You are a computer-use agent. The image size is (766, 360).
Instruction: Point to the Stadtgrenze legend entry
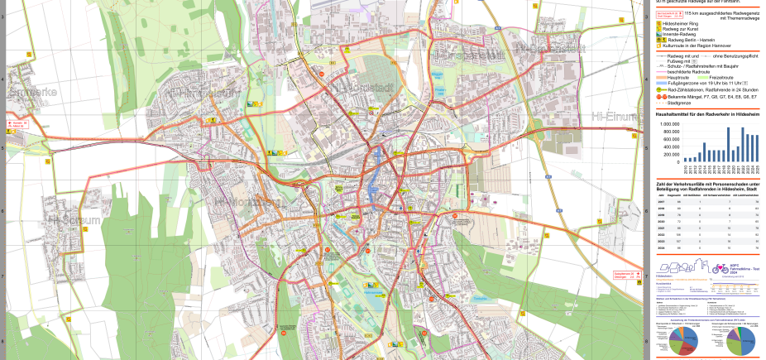point(679,102)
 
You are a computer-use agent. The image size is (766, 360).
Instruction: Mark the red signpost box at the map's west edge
point(17,125)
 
